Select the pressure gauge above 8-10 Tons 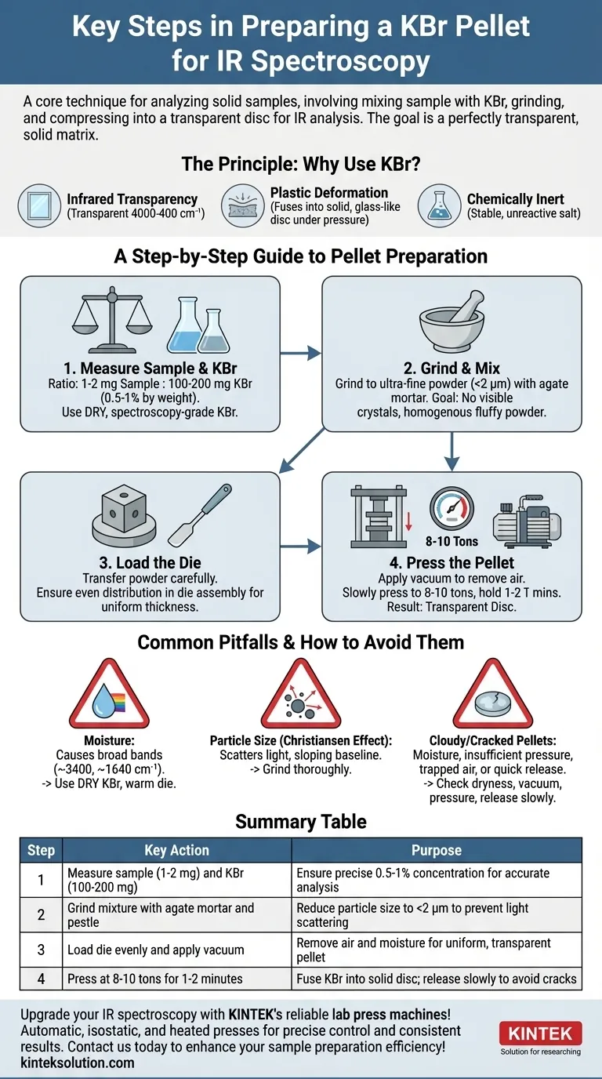(x=451, y=509)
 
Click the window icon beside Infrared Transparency (x=39, y=205)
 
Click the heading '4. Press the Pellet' (x=451, y=563)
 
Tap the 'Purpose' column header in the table (x=437, y=850)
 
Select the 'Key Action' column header (x=177, y=850)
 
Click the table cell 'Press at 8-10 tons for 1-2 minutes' (x=154, y=978)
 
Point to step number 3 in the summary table (x=41, y=950)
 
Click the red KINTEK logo (x=540, y=1032)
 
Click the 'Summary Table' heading (x=301, y=821)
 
